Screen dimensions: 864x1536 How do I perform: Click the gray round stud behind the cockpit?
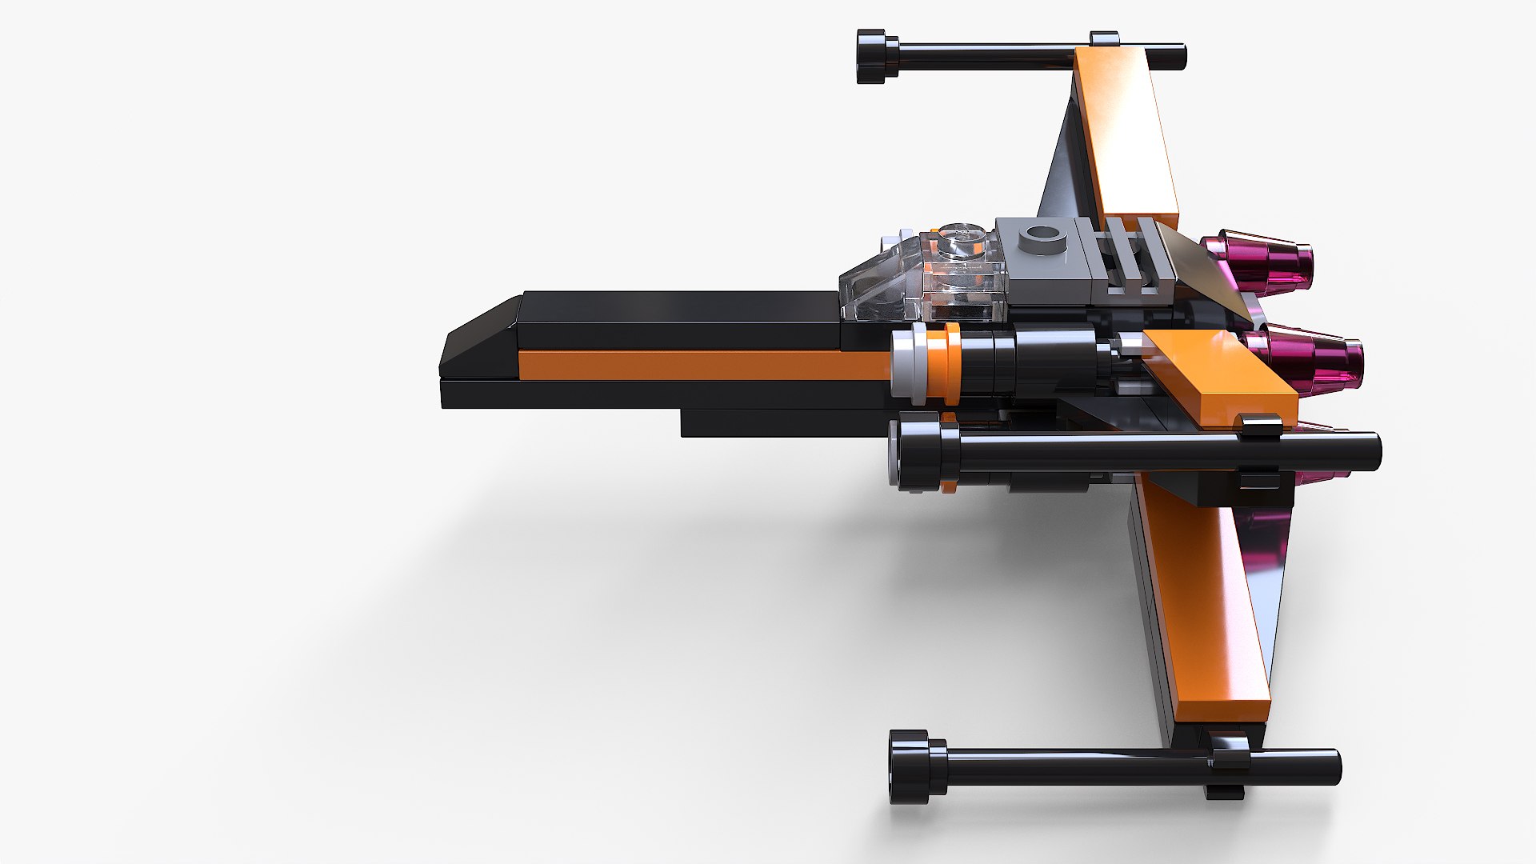pyautogui.click(x=1039, y=236)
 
